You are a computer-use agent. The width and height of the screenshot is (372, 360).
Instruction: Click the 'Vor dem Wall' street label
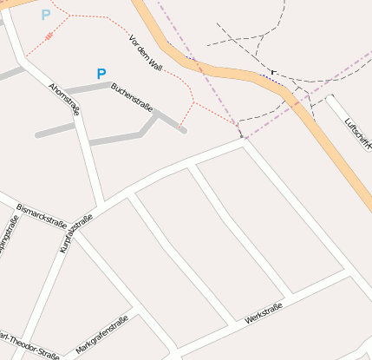(x=145, y=53)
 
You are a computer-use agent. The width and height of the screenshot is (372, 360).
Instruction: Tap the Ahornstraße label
(x=65, y=99)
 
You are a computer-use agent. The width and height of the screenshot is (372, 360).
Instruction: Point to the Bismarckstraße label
(x=42, y=214)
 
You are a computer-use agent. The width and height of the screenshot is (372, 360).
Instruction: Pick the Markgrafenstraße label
(x=102, y=334)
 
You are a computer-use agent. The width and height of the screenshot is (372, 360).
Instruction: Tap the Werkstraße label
(x=263, y=314)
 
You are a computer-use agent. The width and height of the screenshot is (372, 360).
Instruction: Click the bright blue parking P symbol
(x=101, y=75)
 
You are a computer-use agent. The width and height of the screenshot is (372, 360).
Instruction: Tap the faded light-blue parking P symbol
(x=46, y=15)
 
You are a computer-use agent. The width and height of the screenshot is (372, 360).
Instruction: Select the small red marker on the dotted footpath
(x=49, y=36)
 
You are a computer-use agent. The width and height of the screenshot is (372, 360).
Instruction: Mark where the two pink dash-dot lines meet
(x=244, y=138)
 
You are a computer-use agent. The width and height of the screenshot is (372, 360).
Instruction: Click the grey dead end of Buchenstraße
(x=183, y=130)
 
